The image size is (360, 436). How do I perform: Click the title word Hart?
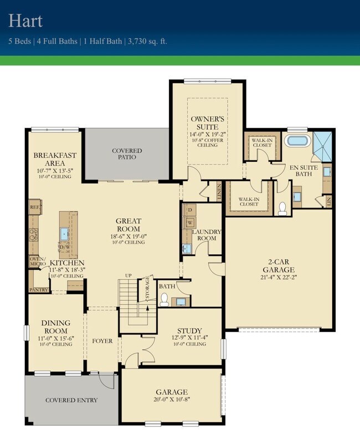pos(25,20)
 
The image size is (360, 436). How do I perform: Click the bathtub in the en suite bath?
pos(299,140)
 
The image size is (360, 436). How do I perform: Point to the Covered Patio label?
pos(127,154)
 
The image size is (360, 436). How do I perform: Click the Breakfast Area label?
pos(54,159)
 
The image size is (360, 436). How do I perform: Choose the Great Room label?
pos(128,224)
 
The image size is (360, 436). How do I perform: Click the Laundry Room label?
pos(207,235)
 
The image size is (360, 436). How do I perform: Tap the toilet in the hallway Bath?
pos(164,299)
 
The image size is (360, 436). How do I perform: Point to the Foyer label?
pos(102,341)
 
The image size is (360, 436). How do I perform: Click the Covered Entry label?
pos(71,400)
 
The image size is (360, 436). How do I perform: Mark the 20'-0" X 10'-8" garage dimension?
pos(171,400)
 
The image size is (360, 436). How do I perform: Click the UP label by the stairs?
pos(128,275)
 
